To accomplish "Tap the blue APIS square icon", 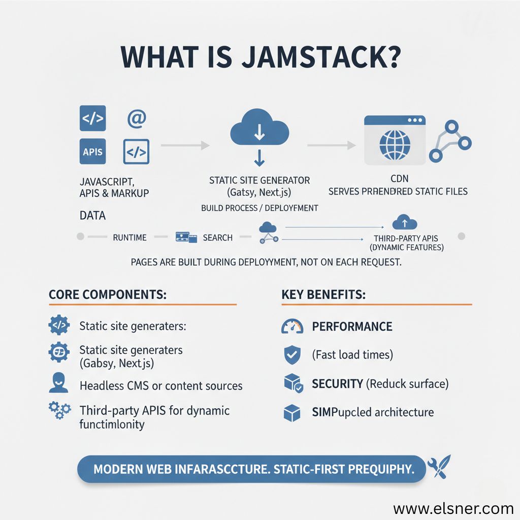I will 92,151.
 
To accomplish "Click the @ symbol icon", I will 136,119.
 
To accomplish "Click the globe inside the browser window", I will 394,145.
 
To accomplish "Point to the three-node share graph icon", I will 450,141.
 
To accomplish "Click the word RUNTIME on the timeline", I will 130,237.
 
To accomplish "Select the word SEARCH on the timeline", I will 217,237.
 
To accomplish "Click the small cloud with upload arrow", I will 405,223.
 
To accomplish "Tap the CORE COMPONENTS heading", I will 107,295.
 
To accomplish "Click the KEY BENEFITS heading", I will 323,295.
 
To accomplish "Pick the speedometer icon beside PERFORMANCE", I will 292,327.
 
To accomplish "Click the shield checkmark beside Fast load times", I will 292,355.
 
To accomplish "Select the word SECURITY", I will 337,384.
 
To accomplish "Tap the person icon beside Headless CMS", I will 58,382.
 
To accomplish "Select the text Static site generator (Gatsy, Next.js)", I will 259,186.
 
